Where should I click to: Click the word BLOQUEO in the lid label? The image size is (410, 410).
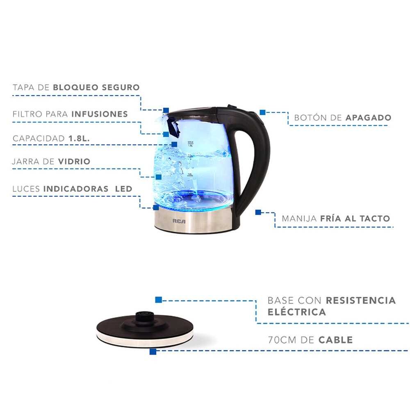[x=75, y=87]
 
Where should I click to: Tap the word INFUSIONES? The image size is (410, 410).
[x=100, y=114]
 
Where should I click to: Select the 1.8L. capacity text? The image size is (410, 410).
[x=79, y=138]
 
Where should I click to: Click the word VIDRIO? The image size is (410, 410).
[x=74, y=161]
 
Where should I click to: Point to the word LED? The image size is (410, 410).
[x=124, y=189]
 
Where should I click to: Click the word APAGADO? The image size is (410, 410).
[x=369, y=118]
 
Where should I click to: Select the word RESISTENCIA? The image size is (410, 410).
[x=361, y=301]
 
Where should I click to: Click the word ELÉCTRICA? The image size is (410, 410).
[x=297, y=312]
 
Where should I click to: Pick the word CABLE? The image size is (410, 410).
[x=336, y=340]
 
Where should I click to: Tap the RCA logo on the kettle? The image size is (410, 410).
[x=179, y=221]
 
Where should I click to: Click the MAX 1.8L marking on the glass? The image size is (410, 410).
[x=191, y=144]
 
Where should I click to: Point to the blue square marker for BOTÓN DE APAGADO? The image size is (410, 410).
[x=262, y=112]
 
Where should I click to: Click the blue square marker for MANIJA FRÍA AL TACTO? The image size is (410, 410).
[x=258, y=212]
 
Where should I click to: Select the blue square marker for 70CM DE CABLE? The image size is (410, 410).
[x=153, y=351]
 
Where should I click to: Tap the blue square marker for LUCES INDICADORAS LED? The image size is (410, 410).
[x=156, y=207]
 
